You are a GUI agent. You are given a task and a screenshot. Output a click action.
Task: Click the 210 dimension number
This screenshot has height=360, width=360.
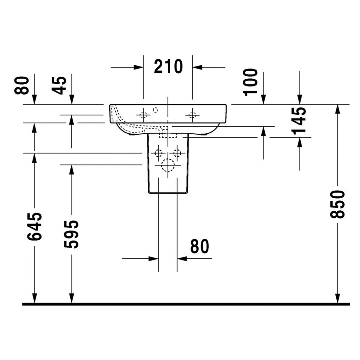[x=168, y=66]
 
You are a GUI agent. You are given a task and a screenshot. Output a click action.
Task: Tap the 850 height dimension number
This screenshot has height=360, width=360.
[x=338, y=204]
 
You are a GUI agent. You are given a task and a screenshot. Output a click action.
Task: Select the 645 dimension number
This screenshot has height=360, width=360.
[x=34, y=227]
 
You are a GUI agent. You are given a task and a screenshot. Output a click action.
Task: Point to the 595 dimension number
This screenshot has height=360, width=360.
[x=71, y=234]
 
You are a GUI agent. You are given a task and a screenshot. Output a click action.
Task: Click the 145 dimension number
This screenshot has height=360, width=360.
[x=299, y=121]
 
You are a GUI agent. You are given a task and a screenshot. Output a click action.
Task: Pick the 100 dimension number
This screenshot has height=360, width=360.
[x=250, y=82]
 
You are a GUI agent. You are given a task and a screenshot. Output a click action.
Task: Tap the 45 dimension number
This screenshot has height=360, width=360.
[x=59, y=85]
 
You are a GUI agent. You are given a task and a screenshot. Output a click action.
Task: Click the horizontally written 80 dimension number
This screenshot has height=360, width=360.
[x=199, y=246]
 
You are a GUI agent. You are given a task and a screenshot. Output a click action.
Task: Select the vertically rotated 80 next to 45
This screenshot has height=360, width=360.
[x=22, y=85]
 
